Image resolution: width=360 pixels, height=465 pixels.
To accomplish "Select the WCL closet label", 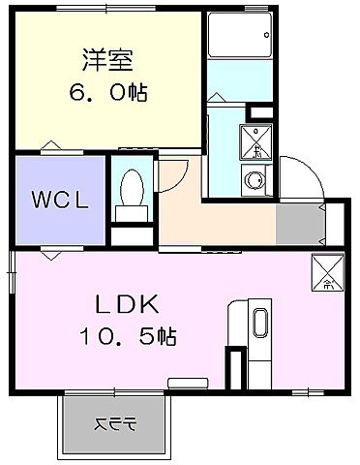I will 60,201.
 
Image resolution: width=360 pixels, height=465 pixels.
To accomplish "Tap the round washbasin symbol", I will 255,178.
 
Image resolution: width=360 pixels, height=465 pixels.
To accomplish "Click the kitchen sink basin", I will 260,324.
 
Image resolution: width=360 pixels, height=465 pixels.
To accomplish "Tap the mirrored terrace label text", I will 115,423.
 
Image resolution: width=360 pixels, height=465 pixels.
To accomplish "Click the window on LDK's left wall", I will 13,272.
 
